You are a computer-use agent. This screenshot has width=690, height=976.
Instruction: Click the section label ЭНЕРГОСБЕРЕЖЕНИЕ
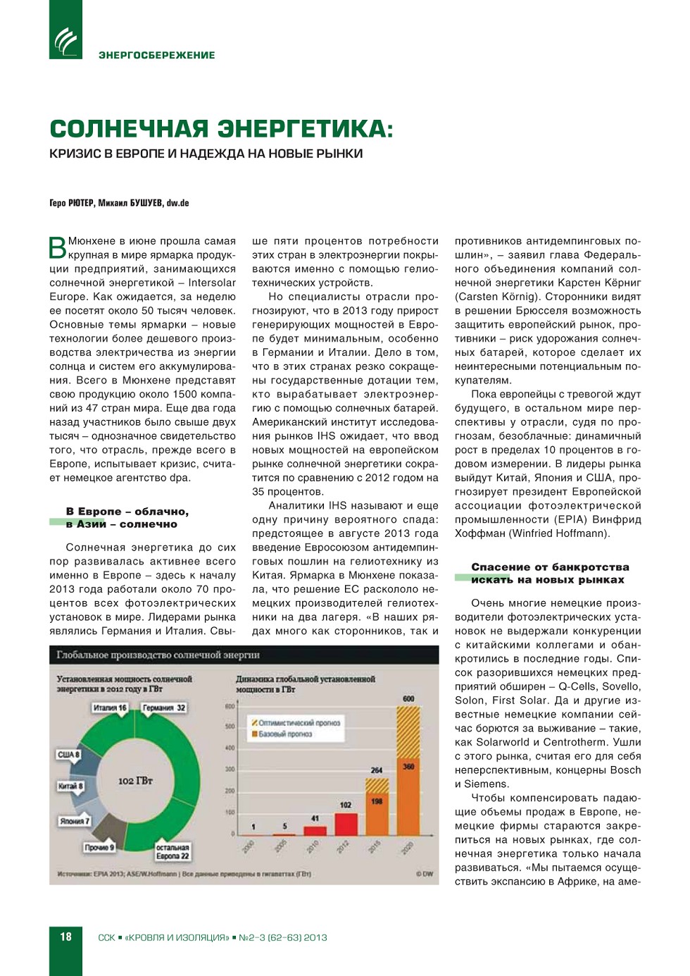point(156,55)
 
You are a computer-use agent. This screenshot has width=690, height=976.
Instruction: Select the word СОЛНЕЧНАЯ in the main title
point(129,129)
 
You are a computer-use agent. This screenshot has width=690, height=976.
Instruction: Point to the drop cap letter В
point(57,248)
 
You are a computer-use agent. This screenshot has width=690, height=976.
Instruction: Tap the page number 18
point(65,937)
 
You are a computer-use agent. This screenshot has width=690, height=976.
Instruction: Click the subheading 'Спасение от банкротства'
point(550,567)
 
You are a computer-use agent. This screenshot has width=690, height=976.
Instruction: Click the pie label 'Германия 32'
point(164,708)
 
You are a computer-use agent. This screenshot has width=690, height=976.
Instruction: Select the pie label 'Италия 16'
point(110,708)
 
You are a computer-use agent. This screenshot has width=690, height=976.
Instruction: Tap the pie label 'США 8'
point(68,755)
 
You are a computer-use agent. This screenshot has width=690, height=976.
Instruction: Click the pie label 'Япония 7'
point(74,821)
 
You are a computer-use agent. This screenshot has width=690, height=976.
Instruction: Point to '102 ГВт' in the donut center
point(135,781)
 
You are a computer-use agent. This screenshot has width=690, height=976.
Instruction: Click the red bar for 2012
point(346,823)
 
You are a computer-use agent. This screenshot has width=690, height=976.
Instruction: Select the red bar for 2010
point(315,829)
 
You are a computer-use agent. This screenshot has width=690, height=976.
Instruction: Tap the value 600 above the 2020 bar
point(408,698)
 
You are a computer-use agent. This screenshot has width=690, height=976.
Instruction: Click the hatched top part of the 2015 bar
point(377,784)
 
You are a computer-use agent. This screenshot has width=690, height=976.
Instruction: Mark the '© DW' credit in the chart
point(424,874)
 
